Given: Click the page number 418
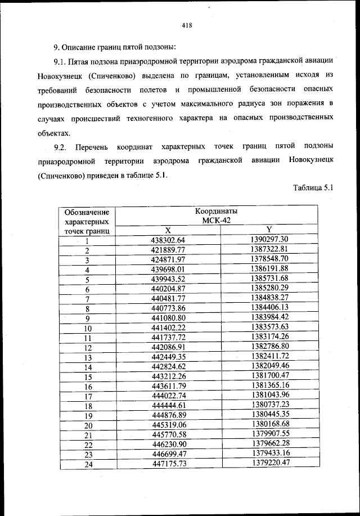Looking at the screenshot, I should [187, 24].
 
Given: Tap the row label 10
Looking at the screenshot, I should [88, 328].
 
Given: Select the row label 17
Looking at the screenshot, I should [88, 396].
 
